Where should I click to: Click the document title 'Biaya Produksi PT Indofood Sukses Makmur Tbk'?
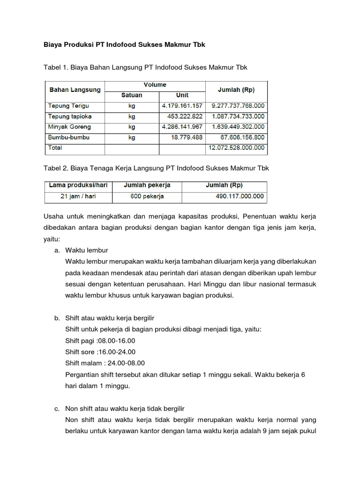click(x=124, y=45)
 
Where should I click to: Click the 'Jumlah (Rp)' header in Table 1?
click(x=237, y=90)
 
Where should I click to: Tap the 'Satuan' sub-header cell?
click(x=132, y=95)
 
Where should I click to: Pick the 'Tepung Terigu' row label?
click(x=68, y=106)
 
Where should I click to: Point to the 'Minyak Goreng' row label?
click(x=69, y=127)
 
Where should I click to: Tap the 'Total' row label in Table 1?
click(x=55, y=148)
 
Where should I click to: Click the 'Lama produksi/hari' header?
click(x=78, y=185)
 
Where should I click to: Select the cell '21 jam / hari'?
click(x=78, y=196)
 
